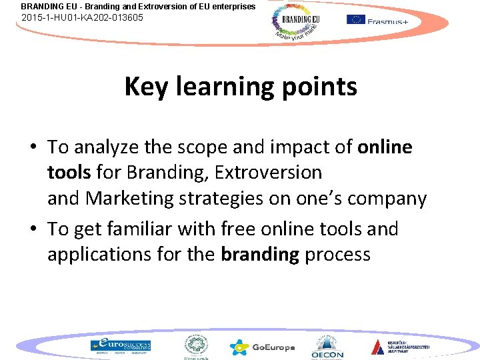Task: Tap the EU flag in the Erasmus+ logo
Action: (x=356, y=19)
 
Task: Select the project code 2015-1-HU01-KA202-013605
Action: (x=82, y=17)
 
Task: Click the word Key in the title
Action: (x=145, y=87)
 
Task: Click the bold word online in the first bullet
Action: (x=385, y=147)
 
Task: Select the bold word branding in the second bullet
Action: (x=260, y=254)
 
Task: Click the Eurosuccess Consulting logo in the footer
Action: (x=121, y=345)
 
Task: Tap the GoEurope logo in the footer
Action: (x=261, y=347)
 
